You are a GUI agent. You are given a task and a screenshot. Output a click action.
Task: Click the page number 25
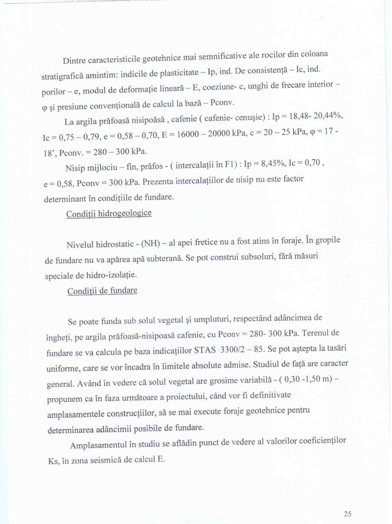tap(347, 514)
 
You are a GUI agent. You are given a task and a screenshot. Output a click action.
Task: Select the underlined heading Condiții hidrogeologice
tap(109, 214)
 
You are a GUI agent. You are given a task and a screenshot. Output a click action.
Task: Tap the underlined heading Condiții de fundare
tap(102, 291)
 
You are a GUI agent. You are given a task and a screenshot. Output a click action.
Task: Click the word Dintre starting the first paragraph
tap(74, 60)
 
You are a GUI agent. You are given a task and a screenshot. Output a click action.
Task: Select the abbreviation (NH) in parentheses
tap(151, 244)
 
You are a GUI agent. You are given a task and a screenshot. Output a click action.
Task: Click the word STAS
tap(205, 350)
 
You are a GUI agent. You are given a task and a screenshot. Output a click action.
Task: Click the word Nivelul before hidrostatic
tap(80, 245)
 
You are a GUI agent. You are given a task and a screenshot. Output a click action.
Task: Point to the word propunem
tap(64, 399)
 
